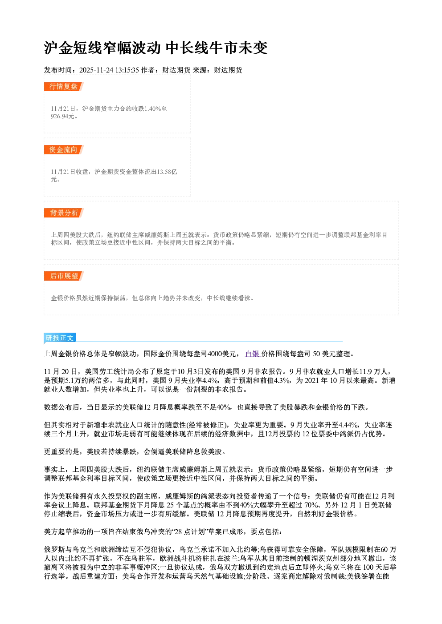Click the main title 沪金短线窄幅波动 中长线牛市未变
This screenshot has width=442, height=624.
tap(156, 48)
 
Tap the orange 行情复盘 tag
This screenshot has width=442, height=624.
tap(64, 86)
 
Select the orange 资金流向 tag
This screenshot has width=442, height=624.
tap(64, 149)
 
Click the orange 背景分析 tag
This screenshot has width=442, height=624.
tap(64, 213)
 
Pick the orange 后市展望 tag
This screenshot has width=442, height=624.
tap(64, 276)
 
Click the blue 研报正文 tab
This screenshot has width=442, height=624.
tap(60, 338)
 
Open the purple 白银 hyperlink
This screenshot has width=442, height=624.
tap(253, 354)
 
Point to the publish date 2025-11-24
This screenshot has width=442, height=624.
tap(96, 70)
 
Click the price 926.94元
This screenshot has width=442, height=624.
tap(62, 116)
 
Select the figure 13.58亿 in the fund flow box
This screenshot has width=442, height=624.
tap(167, 172)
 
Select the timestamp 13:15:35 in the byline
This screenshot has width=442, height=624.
tap(127, 70)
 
